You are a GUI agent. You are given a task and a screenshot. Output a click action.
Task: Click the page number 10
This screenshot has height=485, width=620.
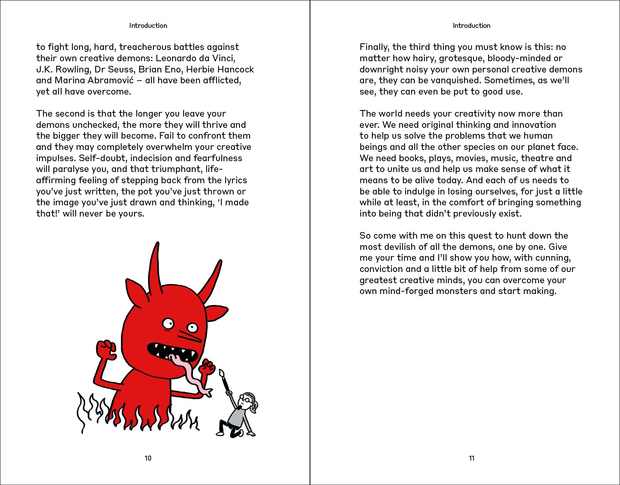coord(148,458)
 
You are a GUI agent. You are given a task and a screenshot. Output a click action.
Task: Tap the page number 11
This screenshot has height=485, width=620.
coord(471,458)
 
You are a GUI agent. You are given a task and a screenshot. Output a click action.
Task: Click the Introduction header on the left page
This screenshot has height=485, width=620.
coord(148,26)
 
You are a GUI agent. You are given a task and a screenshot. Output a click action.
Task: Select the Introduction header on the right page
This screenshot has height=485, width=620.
coord(471,26)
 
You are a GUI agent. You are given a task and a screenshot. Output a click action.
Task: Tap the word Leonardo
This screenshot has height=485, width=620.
coord(176,58)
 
